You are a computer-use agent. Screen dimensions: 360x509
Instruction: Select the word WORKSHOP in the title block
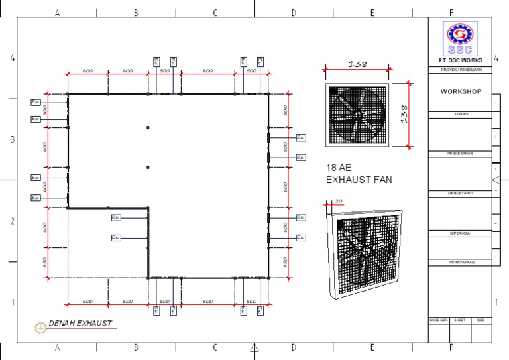tap(461, 91)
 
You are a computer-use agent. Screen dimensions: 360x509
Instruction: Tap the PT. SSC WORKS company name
tap(461, 61)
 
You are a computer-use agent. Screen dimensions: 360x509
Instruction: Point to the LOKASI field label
tap(461, 114)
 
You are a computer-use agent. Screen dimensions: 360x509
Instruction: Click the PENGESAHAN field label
tap(461, 153)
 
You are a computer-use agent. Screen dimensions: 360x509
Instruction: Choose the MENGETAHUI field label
tap(461, 193)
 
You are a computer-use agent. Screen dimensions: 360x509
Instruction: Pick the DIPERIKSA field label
tap(461, 233)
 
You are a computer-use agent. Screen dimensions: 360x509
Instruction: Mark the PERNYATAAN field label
tap(461, 262)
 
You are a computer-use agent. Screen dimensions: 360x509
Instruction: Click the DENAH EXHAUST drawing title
tap(80, 324)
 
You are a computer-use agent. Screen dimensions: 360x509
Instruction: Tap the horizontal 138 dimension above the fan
tap(357, 64)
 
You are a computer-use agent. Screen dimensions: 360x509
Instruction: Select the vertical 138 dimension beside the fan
tap(403, 115)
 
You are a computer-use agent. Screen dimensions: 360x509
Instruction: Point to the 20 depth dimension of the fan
tap(339, 200)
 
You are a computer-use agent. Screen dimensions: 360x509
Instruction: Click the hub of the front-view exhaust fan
tap(357, 114)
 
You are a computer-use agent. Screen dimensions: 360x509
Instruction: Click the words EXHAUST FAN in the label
tap(359, 180)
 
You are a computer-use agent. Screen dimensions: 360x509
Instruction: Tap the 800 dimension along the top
tap(207, 71)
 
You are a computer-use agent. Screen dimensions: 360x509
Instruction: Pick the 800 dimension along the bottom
tap(207, 302)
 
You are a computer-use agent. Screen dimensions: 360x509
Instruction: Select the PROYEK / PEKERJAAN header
tap(461, 70)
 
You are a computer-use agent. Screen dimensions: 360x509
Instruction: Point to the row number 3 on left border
tap(11, 140)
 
